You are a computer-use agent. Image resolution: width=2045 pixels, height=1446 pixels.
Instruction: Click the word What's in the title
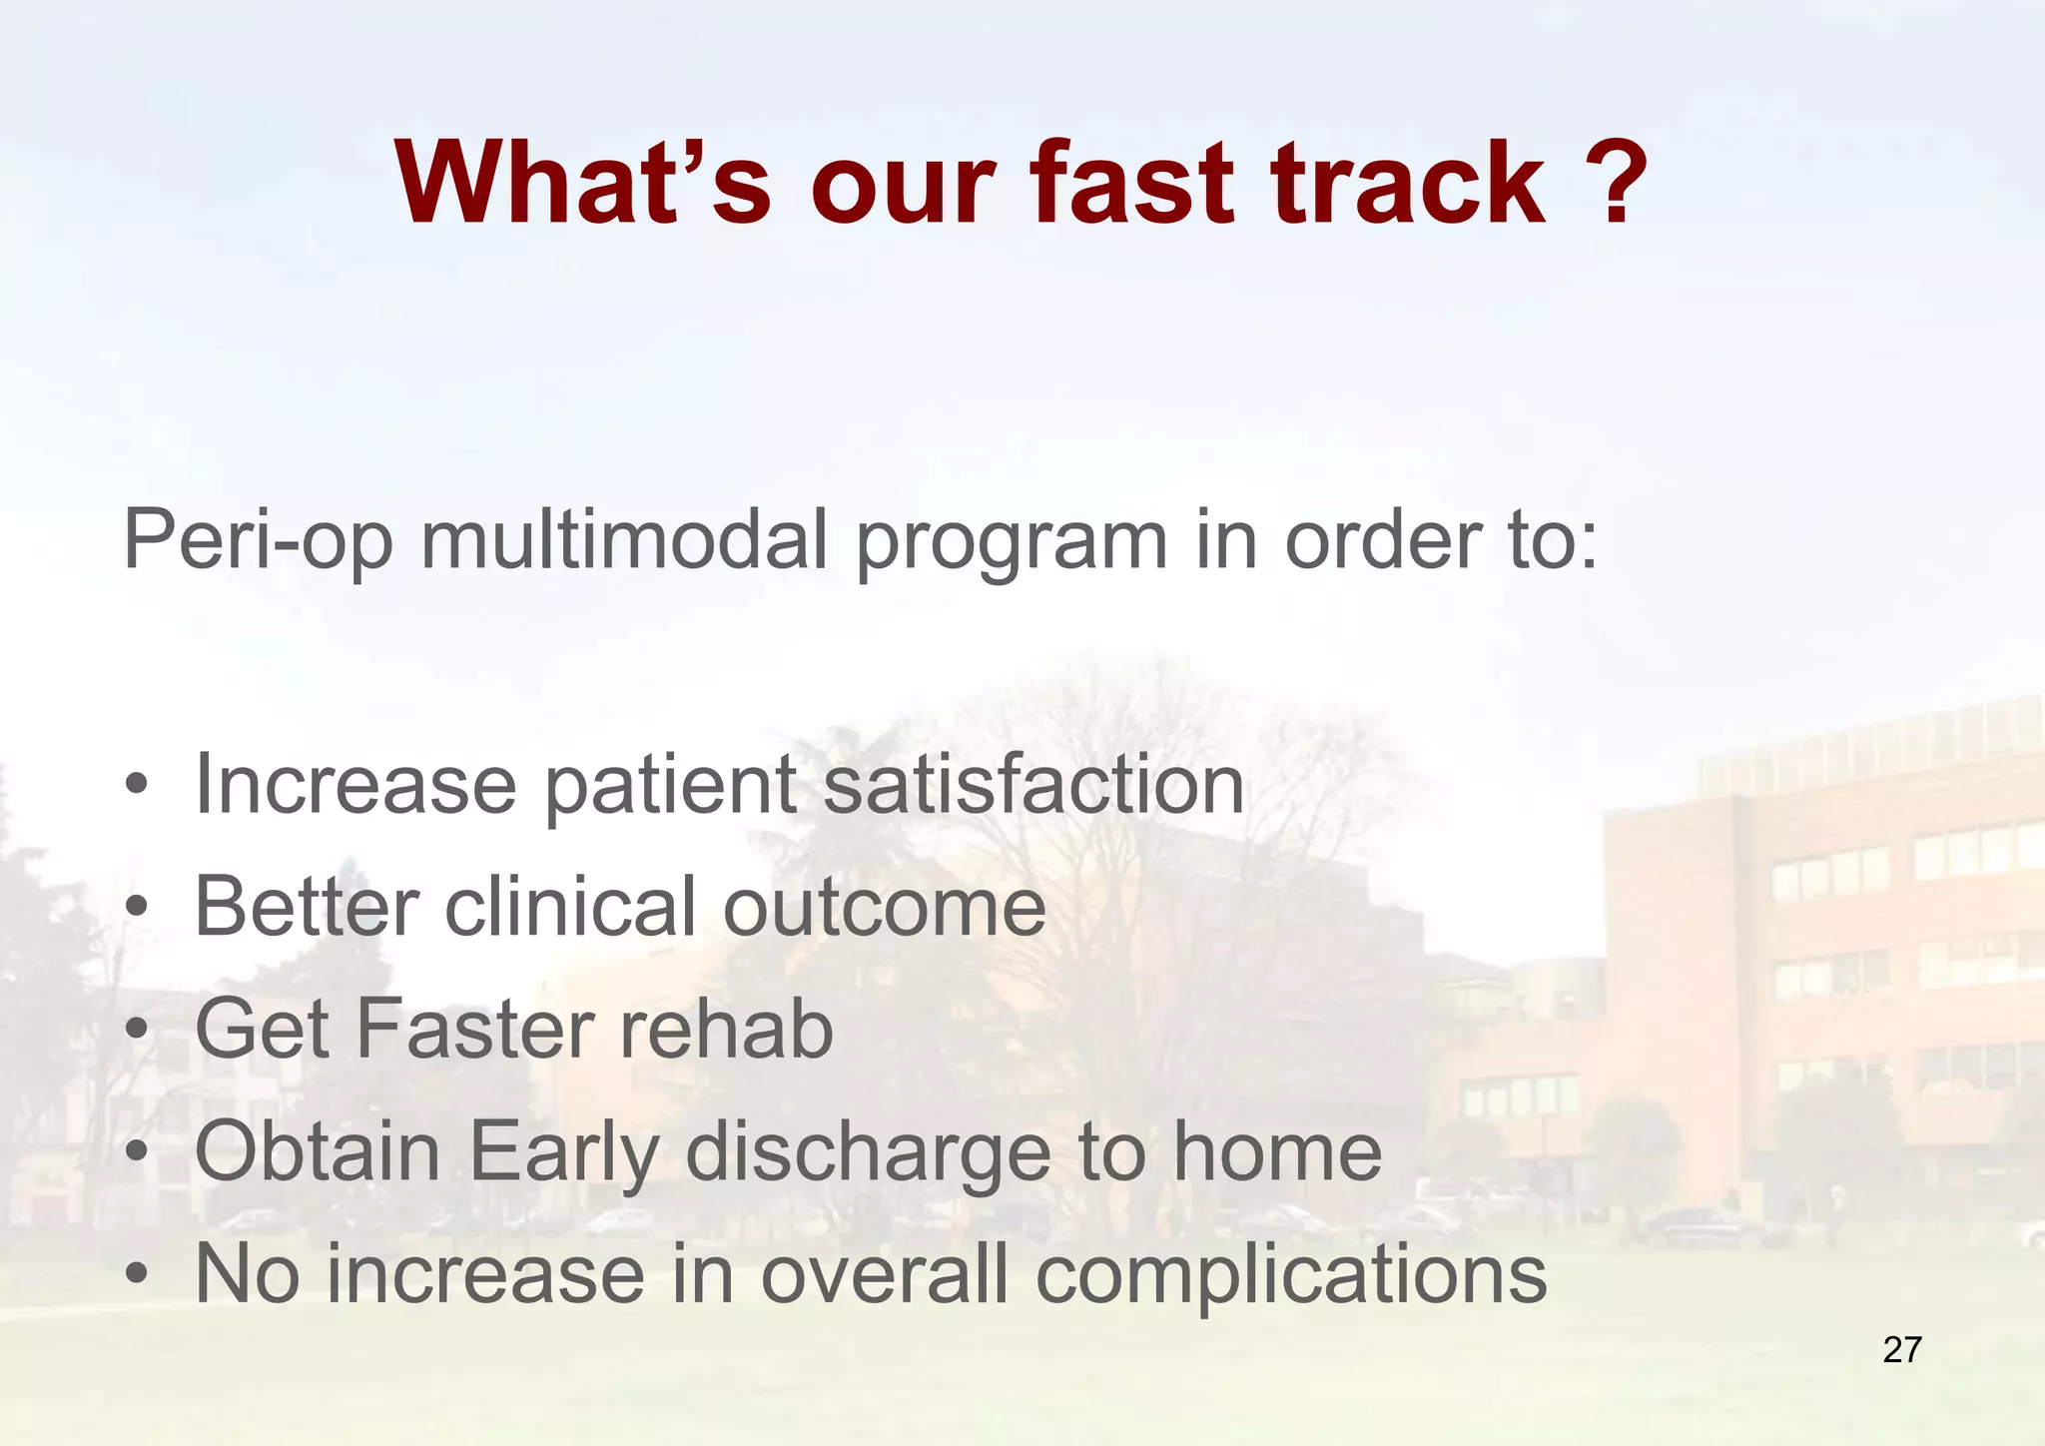[582, 185]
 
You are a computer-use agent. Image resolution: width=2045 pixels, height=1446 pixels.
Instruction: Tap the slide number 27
[1901, 1350]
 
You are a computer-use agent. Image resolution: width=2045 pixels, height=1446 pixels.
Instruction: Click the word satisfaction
[1033, 785]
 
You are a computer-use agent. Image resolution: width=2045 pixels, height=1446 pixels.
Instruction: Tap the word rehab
[726, 1030]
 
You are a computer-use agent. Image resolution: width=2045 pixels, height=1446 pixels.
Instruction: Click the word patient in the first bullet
[670, 785]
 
